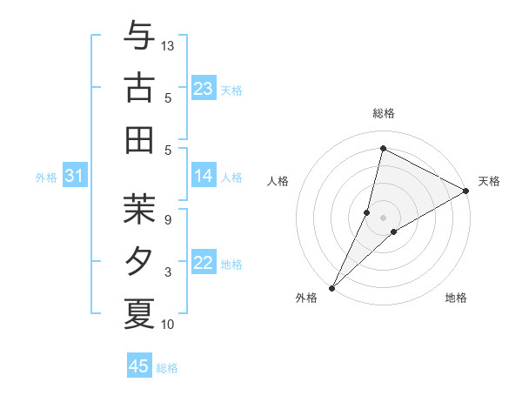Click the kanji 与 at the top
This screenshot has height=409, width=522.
(x=138, y=37)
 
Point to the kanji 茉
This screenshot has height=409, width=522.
(x=138, y=209)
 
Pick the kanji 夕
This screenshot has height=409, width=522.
(x=138, y=261)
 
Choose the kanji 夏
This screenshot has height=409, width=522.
(x=138, y=312)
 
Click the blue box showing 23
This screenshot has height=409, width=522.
(x=203, y=88)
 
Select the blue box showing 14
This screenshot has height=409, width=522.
(x=203, y=176)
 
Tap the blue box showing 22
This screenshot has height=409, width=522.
(x=203, y=263)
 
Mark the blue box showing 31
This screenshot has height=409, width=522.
(x=74, y=177)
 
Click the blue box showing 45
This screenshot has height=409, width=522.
(x=139, y=366)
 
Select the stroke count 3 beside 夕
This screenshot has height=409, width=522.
(x=167, y=272)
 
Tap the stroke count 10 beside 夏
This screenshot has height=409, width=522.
(x=169, y=325)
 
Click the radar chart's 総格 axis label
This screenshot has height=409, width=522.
(x=383, y=113)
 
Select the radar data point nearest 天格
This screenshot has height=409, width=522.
(x=466, y=191)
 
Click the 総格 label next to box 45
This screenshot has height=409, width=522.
(x=167, y=368)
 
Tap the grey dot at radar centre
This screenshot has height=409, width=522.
(x=383, y=217)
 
